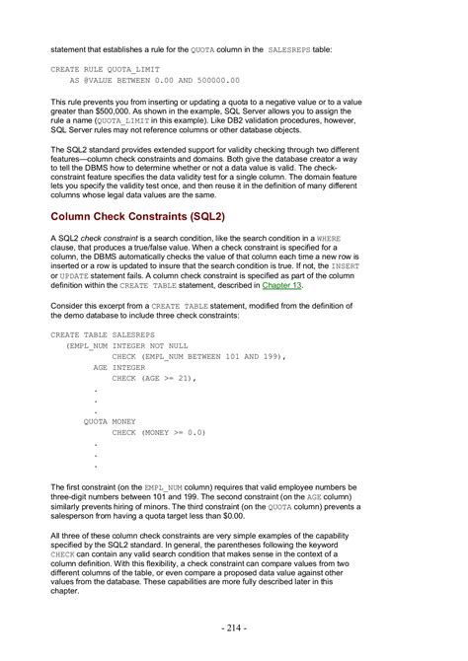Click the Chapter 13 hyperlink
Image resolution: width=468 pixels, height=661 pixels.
tap(282, 285)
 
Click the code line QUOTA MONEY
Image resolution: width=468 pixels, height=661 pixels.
tap(110, 421)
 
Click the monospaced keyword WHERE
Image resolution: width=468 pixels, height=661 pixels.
tap(329, 238)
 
